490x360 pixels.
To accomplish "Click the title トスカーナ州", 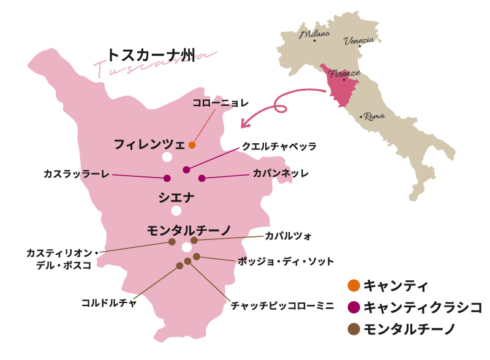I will point(150,55).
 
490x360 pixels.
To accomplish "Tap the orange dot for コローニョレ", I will point(192,145).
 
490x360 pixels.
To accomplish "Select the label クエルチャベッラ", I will point(279,147).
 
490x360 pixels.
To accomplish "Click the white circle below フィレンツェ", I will point(167,157).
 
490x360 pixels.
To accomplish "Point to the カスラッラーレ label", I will point(77,174).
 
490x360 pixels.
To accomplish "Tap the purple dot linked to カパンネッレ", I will point(202,178).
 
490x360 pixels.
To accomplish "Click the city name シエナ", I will point(176,197).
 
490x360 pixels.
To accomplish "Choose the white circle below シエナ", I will point(176,211).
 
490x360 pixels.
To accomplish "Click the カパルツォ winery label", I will point(288,235).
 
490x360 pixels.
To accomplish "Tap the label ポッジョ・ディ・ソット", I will point(285,261).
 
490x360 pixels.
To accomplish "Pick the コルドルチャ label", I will point(109,302).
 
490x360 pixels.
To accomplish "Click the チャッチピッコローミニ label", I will point(273,303).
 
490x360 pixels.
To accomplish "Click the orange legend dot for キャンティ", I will point(353,285).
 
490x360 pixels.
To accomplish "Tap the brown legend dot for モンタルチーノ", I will point(353,329).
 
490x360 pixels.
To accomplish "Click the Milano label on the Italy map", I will point(315,34).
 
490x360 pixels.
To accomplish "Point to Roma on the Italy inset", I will point(374,116).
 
